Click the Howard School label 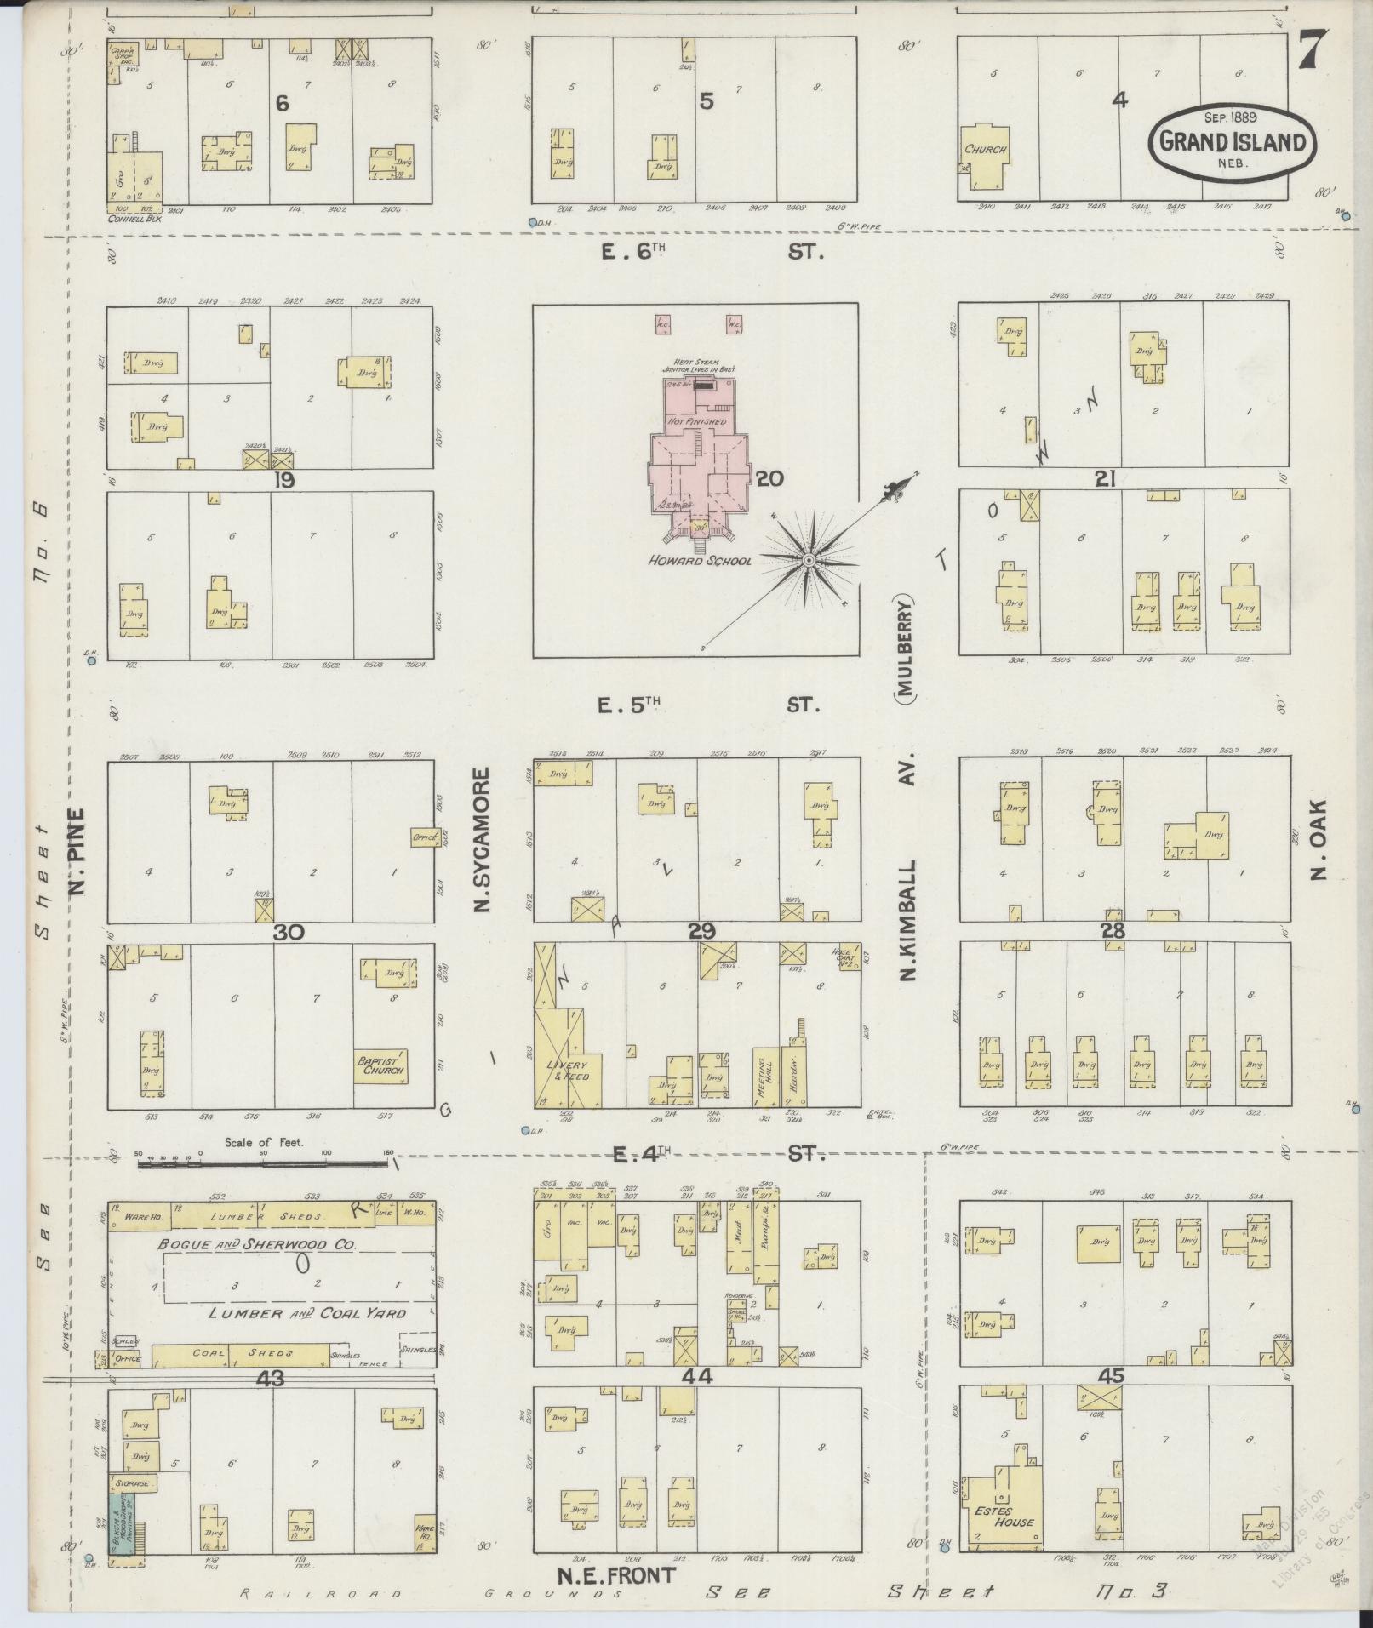pos(699,561)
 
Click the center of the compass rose pos(808,560)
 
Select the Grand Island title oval pos(1232,142)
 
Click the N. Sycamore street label pos(483,839)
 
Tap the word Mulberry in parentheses pos(904,648)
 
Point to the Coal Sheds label pos(246,1353)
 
